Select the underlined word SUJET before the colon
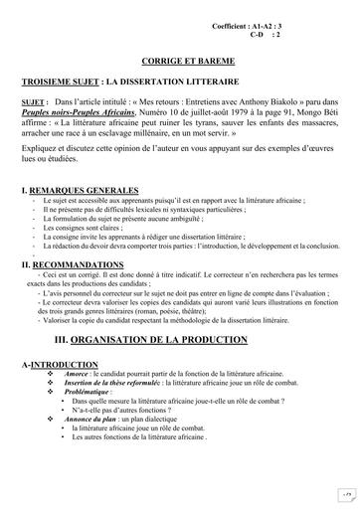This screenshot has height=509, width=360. click(x=34, y=101)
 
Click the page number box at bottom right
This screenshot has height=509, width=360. click(x=341, y=492)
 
